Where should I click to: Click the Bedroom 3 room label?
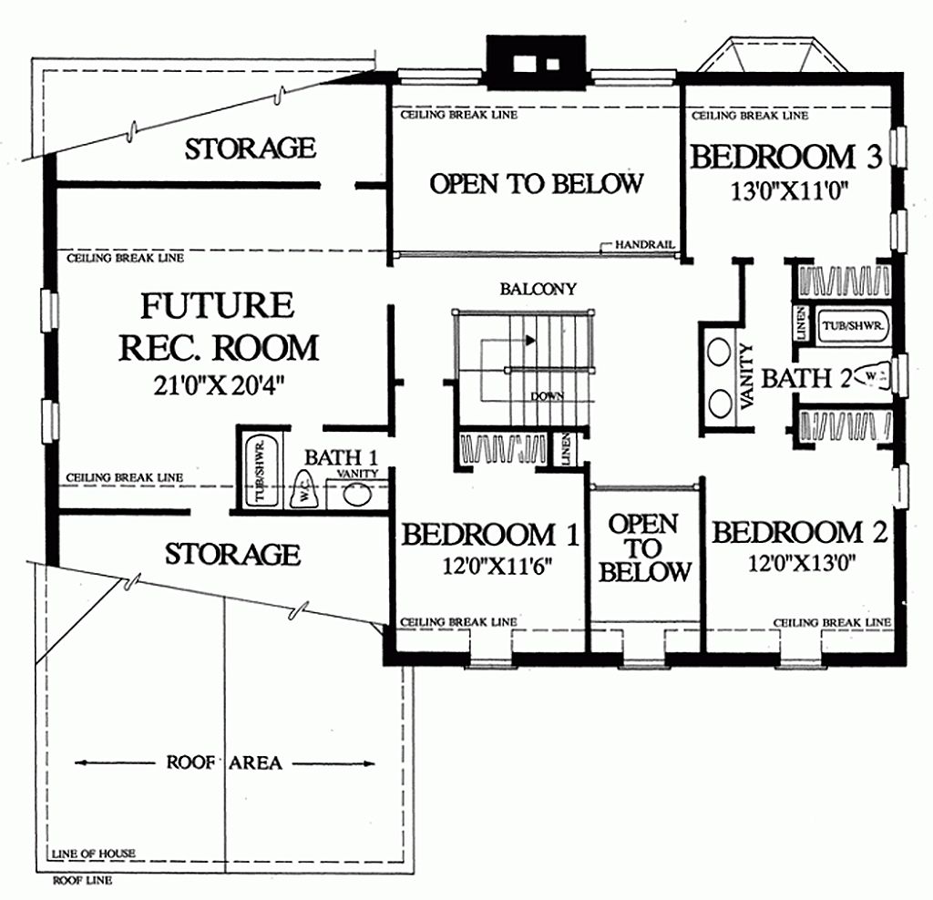(x=785, y=157)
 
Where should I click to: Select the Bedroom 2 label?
(x=799, y=533)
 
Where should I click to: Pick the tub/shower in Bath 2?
(x=854, y=325)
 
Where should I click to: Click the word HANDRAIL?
(x=644, y=245)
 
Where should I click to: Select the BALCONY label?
(x=538, y=290)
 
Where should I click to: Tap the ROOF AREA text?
(x=223, y=762)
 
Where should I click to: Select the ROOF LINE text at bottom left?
(x=82, y=881)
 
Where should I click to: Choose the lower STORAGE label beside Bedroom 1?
(x=232, y=554)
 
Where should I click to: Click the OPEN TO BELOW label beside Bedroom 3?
(x=536, y=184)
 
